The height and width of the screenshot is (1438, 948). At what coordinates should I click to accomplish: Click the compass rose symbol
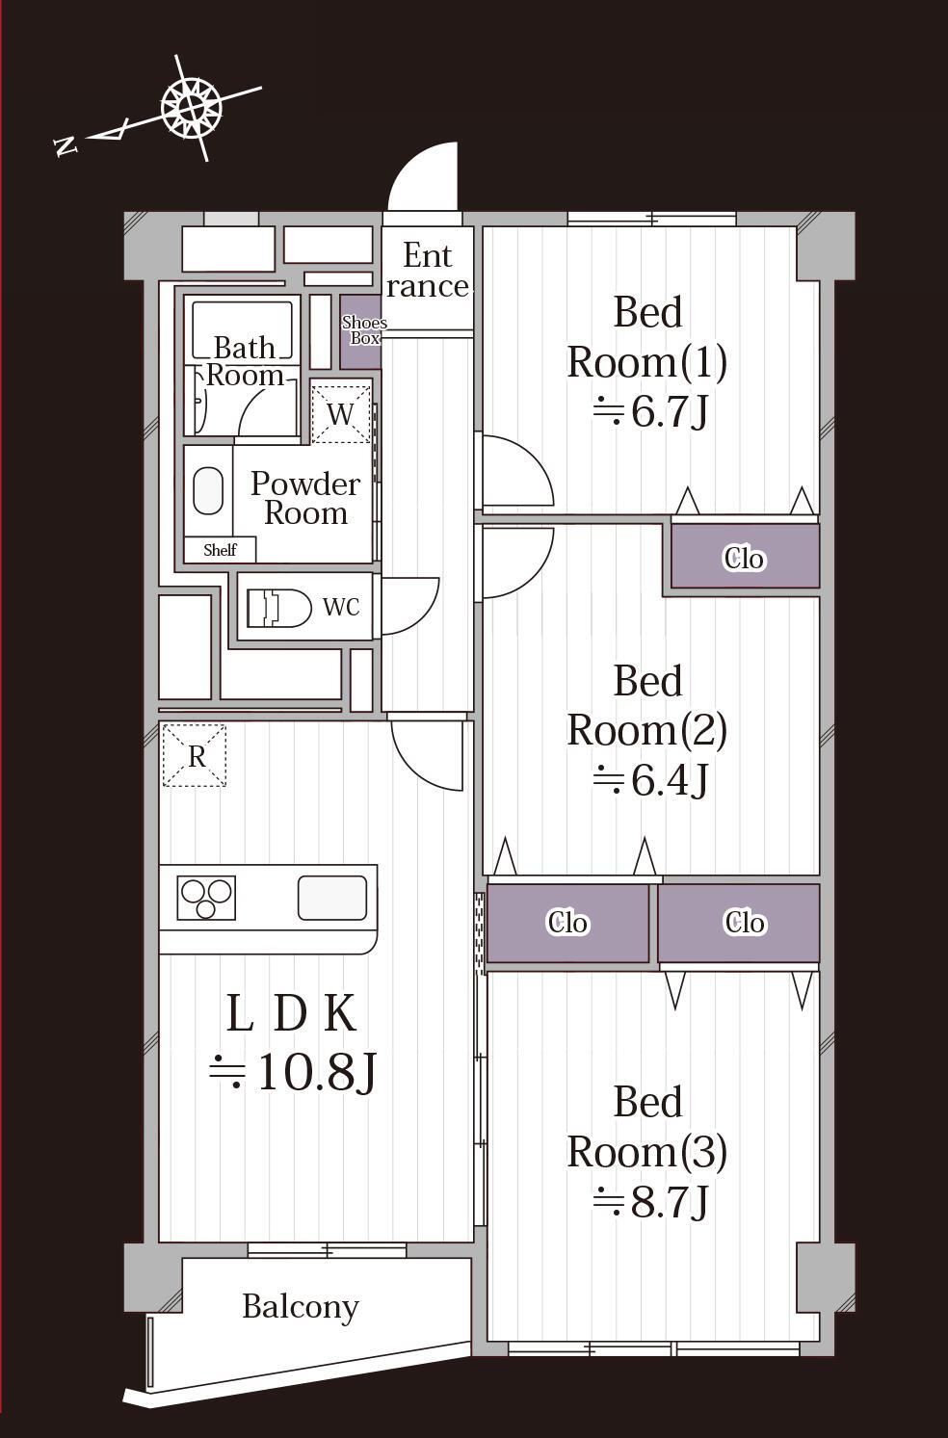[x=191, y=107]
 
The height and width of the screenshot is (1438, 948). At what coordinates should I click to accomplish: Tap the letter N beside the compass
[x=66, y=145]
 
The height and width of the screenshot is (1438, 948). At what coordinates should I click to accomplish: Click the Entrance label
[x=427, y=271]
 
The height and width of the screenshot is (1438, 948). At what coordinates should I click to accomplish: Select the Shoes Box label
[x=364, y=330]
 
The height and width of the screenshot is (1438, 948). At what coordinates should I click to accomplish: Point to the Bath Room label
[x=245, y=361]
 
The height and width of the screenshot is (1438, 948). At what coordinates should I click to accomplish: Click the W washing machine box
[x=340, y=413]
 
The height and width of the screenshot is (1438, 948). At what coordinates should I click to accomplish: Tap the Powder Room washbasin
[x=207, y=490]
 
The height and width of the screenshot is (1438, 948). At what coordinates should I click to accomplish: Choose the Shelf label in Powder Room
[x=220, y=550]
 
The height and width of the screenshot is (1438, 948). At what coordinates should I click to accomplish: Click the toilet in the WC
[x=278, y=607]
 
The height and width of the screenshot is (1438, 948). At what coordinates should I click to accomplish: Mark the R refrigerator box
[x=194, y=755]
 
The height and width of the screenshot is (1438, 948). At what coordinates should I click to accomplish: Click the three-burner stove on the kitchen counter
[x=206, y=898]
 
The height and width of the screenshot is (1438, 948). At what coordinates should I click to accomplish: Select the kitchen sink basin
[x=332, y=898]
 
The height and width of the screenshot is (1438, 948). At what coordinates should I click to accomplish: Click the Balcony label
[x=300, y=1306]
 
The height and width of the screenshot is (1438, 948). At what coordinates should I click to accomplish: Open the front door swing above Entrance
[x=423, y=176]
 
